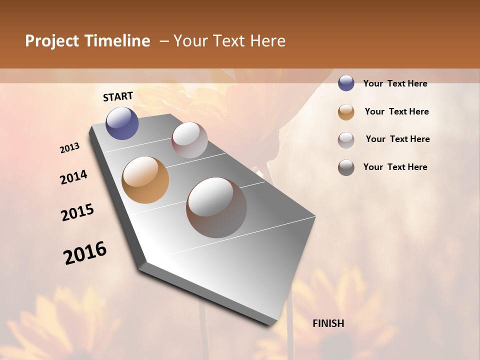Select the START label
(x=118, y=96)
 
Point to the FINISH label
(x=328, y=323)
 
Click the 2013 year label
(x=69, y=148)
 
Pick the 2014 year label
(x=73, y=177)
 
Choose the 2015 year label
(x=77, y=212)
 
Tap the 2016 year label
(x=85, y=253)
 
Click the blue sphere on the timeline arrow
(x=122, y=123)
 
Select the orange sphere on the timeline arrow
(x=145, y=179)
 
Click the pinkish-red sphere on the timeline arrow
(x=189, y=140)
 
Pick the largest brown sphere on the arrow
(x=216, y=207)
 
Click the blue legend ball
(x=346, y=83)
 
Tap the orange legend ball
(x=346, y=111)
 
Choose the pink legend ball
(x=346, y=139)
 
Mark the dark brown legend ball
(x=346, y=167)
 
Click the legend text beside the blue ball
(x=395, y=83)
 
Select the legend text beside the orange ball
(x=396, y=111)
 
